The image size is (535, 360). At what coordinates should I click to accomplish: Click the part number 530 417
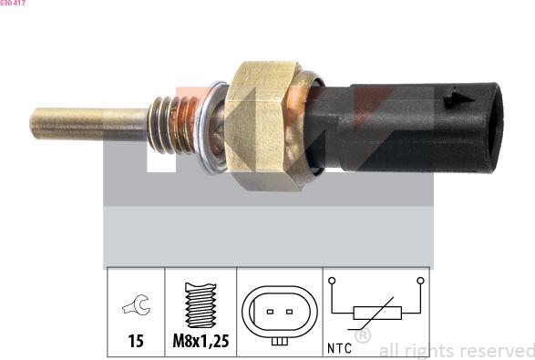pos(13,3)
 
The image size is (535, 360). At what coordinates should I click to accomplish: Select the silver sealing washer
pos(209,127)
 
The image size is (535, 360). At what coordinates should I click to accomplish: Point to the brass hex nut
pos(261,126)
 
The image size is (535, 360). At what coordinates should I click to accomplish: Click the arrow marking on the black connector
pos(459,99)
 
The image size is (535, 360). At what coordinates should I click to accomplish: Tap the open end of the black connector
pos(495,128)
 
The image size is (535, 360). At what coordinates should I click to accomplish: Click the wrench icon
pos(136,304)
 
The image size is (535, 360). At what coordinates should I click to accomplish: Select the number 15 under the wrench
pos(136,341)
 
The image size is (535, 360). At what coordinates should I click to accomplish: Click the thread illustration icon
pos(201,305)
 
